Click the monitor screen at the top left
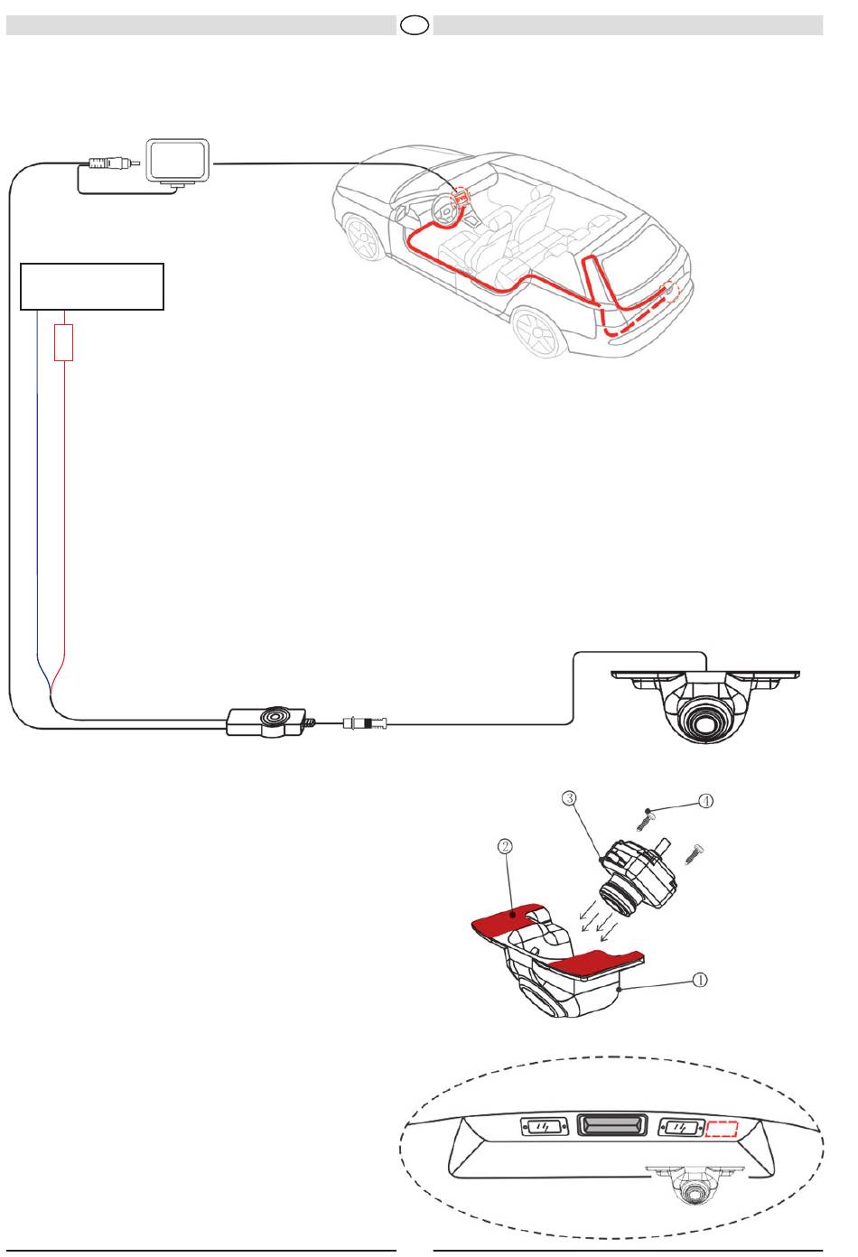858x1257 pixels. click(x=178, y=161)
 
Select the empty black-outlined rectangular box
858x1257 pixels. click(x=92, y=286)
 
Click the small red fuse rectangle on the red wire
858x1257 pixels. click(x=63, y=342)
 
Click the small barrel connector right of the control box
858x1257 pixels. click(x=365, y=723)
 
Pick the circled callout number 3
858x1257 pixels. click(x=569, y=797)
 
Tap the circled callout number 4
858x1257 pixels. click(x=706, y=801)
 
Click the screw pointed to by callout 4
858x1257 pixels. click(x=643, y=820)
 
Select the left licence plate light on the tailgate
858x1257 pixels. click(x=541, y=1126)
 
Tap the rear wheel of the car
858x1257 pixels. click(x=537, y=333)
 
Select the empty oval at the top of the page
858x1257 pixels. click(x=415, y=24)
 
